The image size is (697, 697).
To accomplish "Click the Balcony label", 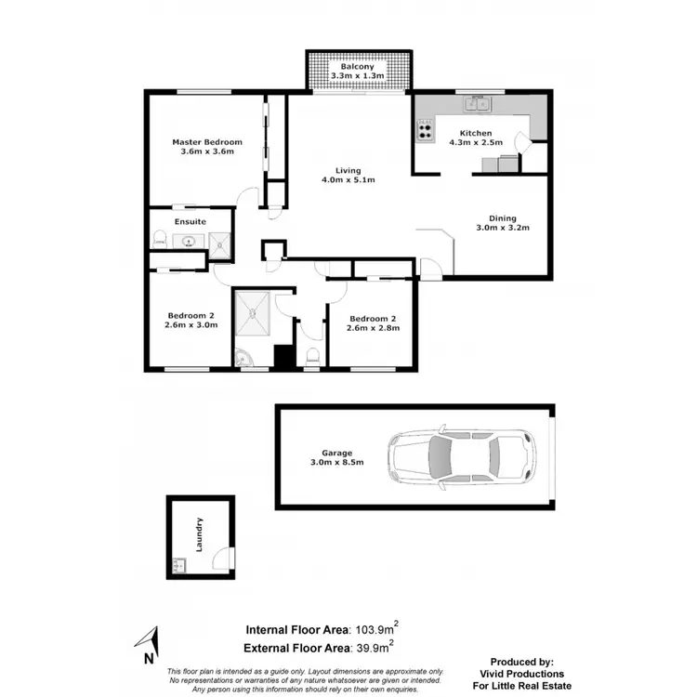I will (x=357, y=67).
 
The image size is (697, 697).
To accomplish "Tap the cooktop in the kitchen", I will (x=427, y=131).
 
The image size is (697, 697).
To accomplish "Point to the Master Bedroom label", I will (x=207, y=142).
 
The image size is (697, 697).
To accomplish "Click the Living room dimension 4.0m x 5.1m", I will (x=348, y=180).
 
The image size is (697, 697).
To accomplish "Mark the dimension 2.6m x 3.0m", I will (x=192, y=325).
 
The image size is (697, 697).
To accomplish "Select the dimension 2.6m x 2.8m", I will (x=373, y=328).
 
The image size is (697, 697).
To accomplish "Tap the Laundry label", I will (x=199, y=533).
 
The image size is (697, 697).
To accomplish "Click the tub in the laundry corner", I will (x=178, y=564).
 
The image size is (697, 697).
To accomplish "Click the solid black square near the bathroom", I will (x=283, y=356).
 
